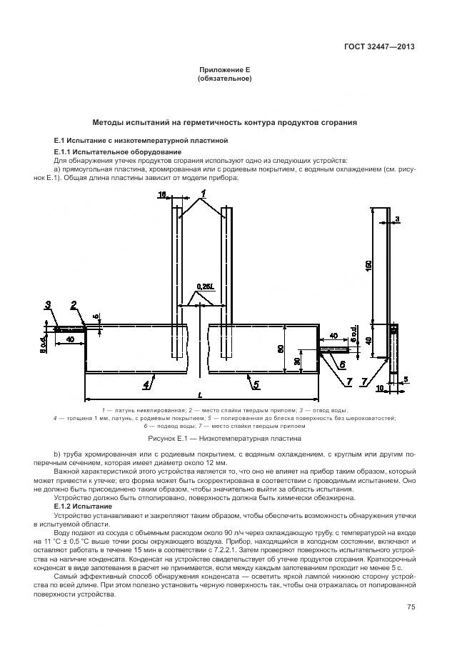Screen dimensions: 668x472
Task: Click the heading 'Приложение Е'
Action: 224,70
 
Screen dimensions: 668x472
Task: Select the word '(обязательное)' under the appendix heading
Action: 224,79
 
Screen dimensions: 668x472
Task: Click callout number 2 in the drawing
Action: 74,305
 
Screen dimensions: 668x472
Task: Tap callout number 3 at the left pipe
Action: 49,305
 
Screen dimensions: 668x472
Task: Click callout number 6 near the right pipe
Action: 341,364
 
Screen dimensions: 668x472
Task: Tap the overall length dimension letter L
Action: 199,395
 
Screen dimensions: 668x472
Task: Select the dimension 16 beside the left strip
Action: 161,194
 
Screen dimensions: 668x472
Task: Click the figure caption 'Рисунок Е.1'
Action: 224,437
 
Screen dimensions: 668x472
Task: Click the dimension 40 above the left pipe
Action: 69,340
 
